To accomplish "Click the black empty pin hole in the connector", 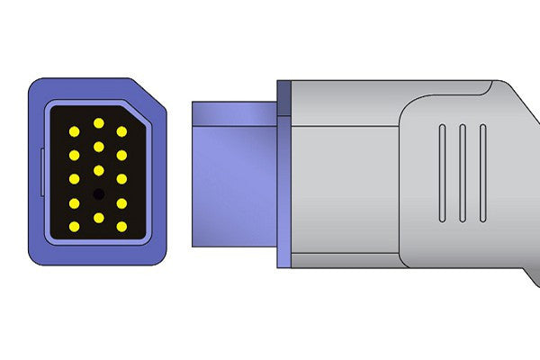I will click(98, 193).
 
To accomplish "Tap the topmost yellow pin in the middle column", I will click(98, 122).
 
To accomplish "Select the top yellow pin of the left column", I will click(75, 131).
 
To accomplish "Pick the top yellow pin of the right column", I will click(121, 131).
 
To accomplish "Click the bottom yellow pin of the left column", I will click(75, 226).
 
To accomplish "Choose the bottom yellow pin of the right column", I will click(121, 226).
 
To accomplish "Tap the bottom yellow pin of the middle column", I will click(98, 217).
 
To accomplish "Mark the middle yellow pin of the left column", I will click(75, 179).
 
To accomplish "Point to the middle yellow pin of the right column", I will click(121, 179).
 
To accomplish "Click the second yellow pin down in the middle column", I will click(98, 146).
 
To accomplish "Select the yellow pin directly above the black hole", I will click(98, 170).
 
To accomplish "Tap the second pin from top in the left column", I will click(75, 155).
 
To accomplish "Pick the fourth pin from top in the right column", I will click(121, 202).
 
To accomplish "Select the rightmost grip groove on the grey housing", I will click(483, 172).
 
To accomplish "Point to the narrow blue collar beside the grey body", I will click(284, 175).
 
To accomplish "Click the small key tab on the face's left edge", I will click(42, 171).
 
